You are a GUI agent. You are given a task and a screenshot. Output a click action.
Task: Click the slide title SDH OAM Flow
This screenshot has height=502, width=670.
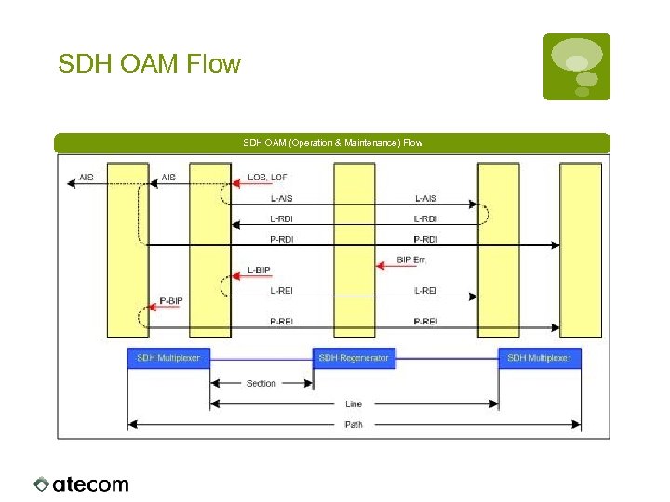[x=149, y=64]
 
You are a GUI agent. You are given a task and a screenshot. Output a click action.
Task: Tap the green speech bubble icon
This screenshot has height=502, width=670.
[x=577, y=66]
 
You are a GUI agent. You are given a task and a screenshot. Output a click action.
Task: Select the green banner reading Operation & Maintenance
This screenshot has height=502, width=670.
[x=332, y=142]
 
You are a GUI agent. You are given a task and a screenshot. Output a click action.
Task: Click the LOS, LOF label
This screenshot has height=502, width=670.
[x=267, y=177]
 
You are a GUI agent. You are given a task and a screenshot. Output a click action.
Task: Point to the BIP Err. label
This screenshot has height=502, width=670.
[x=411, y=259]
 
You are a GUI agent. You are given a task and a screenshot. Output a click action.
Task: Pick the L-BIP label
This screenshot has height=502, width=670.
[x=260, y=271]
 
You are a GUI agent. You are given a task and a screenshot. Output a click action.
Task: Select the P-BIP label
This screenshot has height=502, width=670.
[x=170, y=301]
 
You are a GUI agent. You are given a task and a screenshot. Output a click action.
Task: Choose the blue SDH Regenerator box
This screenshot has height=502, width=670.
[x=355, y=358]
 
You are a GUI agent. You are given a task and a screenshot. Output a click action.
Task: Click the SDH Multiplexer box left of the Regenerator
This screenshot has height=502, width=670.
[x=168, y=358]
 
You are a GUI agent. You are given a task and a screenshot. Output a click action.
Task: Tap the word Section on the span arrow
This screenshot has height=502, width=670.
[x=261, y=383]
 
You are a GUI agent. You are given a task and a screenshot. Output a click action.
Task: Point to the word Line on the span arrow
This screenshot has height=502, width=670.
[x=354, y=404]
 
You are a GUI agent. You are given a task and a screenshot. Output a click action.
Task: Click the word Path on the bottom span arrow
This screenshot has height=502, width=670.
[x=354, y=425]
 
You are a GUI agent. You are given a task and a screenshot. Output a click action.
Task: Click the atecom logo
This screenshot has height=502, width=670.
[x=82, y=483]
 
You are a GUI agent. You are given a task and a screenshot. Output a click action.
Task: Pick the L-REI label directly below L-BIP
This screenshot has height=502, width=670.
[x=281, y=291]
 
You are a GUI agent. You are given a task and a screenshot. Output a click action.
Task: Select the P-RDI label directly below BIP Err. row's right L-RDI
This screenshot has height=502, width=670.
[x=424, y=239]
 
